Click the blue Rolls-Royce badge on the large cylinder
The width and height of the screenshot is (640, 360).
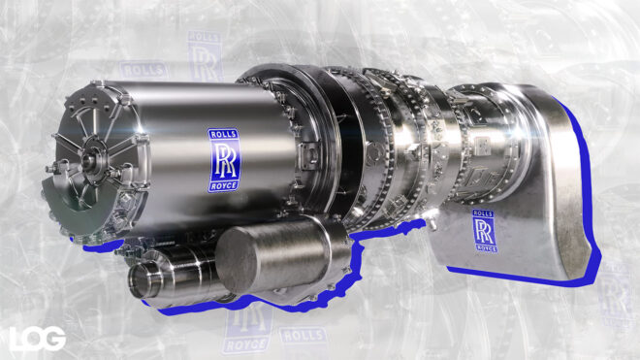[223, 159]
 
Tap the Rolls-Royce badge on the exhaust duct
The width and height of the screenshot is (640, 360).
[485, 231]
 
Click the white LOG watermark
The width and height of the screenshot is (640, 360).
[38, 338]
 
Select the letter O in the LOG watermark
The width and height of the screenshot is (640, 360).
[38, 338]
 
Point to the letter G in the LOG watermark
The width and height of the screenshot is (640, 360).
[55, 338]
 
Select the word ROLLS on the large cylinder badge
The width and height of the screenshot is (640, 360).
[223, 135]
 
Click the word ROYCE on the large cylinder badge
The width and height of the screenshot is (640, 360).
[223, 183]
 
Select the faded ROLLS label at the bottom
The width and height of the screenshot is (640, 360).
[304, 335]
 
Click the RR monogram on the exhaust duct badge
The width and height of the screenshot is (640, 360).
[485, 231]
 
